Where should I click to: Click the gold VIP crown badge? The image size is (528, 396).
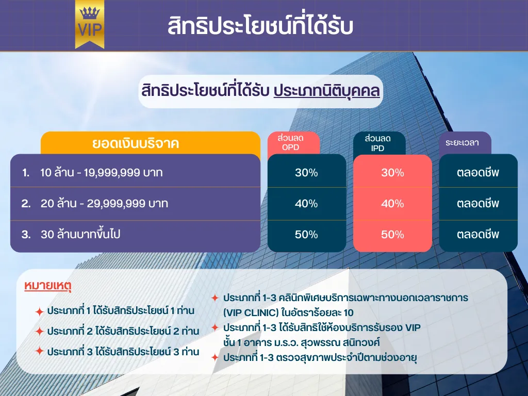[90, 24]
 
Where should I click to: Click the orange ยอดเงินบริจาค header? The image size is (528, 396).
[151, 143]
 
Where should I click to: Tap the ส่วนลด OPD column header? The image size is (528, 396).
[293, 143]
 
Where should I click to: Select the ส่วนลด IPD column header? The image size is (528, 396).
[379, 143]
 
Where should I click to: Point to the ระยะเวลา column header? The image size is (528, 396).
[465, 143]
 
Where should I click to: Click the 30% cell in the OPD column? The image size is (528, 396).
[306, 172]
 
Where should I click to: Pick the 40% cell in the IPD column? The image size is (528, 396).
[392, 203]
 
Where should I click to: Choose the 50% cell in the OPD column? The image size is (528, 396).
[306, 235]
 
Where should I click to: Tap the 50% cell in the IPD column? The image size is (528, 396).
[392, 235]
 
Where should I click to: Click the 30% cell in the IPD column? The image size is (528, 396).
[392, 172]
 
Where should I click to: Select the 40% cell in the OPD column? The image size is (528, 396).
[306, 203]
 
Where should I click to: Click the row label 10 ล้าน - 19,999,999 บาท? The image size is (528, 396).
[102, 172]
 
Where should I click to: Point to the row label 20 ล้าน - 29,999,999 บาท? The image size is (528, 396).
[104, 203]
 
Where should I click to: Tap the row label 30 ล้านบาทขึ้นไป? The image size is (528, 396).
[80, 234]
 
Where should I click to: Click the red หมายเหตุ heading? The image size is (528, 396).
[48, 286]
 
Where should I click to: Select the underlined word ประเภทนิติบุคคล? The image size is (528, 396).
[326, 91]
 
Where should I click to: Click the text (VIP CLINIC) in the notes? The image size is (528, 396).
[251, 312]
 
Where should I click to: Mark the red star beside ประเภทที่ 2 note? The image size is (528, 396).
[39, 332]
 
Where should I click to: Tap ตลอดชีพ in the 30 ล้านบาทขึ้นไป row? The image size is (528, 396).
[478, 235]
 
